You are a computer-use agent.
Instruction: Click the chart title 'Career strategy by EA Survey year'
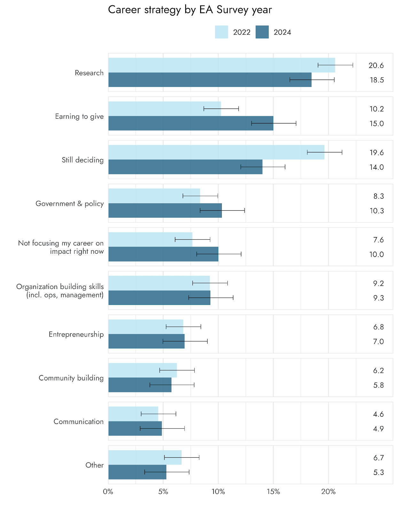pos(190,10)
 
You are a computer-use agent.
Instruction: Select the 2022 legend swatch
pos(221,32)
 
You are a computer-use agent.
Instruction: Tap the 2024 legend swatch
pos(262,32)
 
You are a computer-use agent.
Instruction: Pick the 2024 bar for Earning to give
pos(191,123)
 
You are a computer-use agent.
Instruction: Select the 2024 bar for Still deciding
pos(185,167)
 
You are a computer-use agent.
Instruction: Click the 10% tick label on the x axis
pos(218,492)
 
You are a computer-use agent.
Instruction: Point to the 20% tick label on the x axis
pos(328,492)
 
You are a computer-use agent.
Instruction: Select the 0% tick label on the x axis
pos(108,492)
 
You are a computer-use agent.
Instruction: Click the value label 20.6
pos(376,66)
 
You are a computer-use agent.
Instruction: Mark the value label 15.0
pos(377,124)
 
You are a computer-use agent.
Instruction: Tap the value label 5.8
pos(378,385)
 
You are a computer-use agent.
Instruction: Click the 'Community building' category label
pos(71,378)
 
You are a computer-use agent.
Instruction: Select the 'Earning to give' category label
pos(79,116)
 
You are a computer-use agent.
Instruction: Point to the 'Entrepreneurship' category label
pos(76,334)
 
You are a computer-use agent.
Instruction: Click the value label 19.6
pos(377,153)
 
